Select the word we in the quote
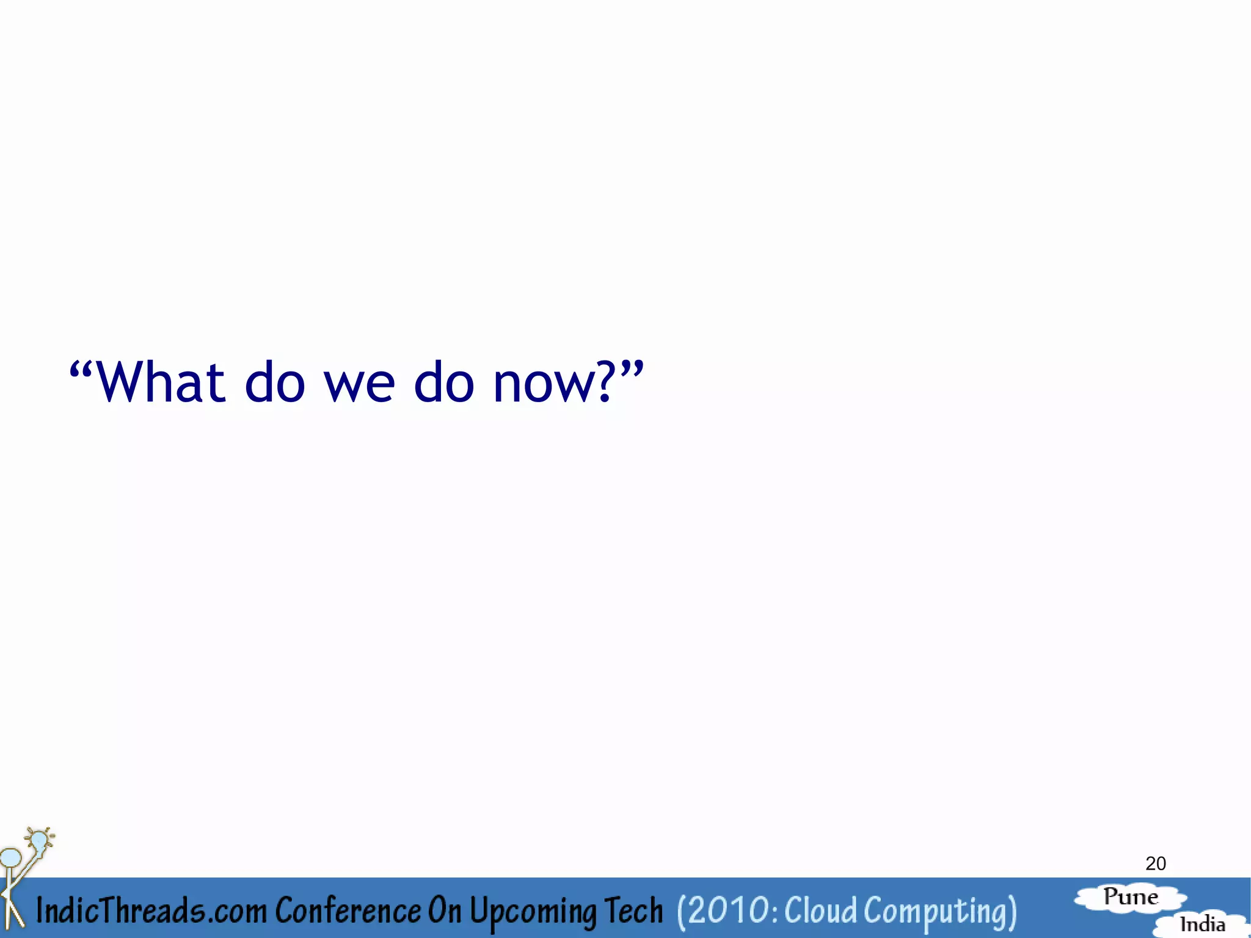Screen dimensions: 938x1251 pyautogui.click(x=359, y=385)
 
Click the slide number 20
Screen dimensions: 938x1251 pyautogui.click(x=1155, y=863)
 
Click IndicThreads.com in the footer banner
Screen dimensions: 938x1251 pyautogui.click(x=151, y=910)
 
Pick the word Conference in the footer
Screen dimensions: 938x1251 pyautogui.click(x=347, y=910)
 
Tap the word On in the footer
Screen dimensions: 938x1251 pyautogui.click(x=444, y=910)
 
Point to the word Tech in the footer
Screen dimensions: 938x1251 pyautogui.click(x=633, y=910)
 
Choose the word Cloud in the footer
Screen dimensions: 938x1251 pyautogui.click(x=820, y=910)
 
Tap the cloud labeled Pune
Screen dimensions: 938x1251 pyautogui.click(x=1131, y=898)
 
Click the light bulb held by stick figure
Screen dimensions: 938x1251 pyautogui.click(x=39, y=841)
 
